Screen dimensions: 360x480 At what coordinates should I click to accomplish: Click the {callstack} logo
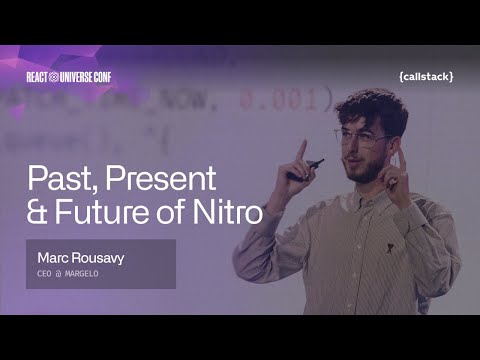(425, 76)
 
